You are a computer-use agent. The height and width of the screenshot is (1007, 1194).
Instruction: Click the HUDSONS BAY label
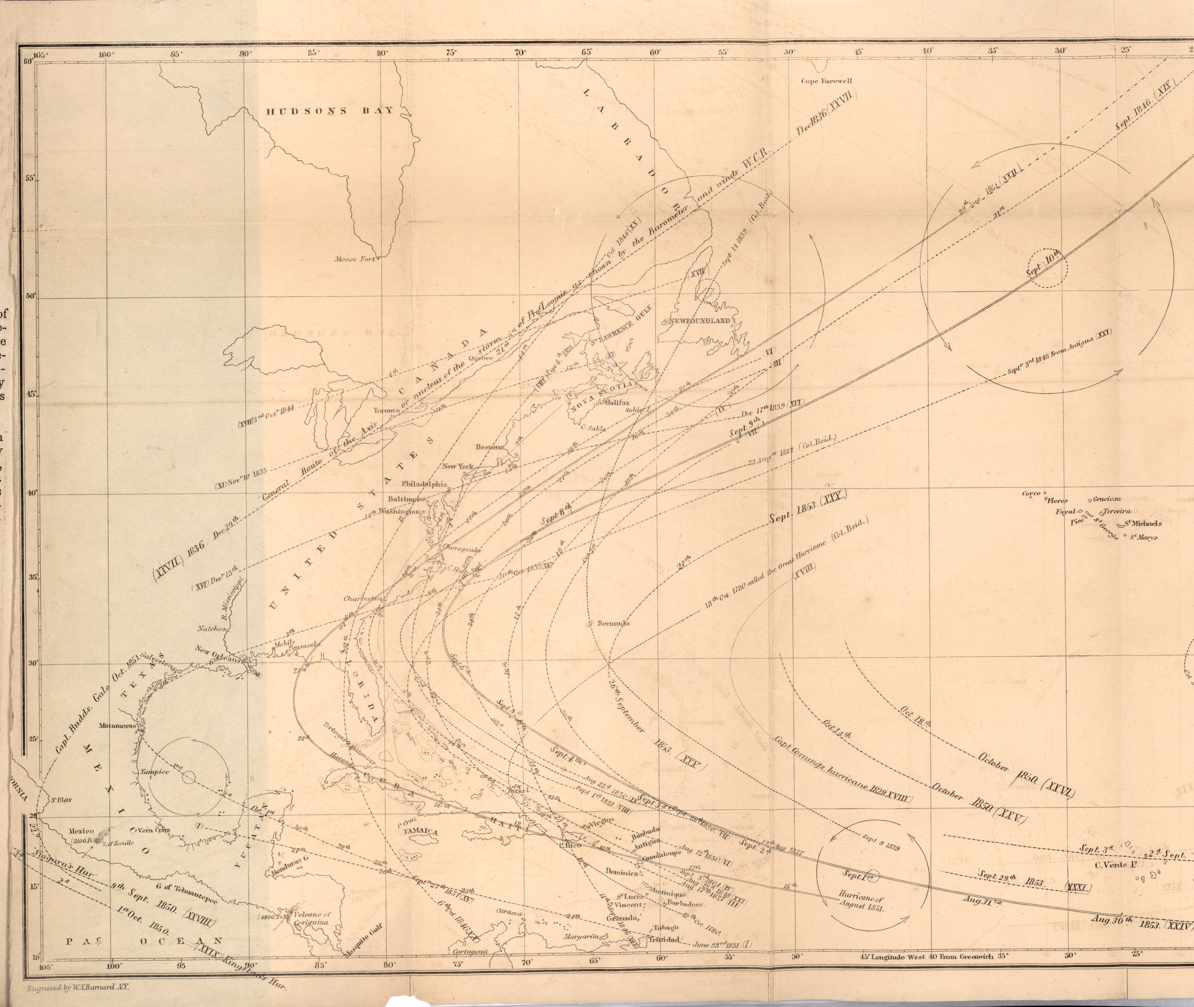pos(330,111)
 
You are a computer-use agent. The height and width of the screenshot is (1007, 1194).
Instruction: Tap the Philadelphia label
pos(424,483)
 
